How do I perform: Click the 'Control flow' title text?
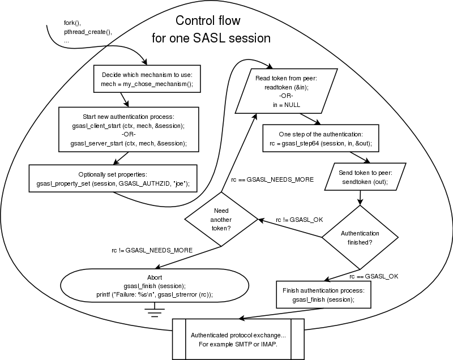click(207, 22)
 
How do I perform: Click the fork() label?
click(71, 23)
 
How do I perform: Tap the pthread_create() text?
click(88, 32)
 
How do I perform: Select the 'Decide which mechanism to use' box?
click(148, 79)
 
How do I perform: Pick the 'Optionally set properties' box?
click(113, 178)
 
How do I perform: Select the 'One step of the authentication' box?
click(317, 139)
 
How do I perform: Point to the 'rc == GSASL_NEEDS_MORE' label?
click(271, 179)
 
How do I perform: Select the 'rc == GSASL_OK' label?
click(374, 276)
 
